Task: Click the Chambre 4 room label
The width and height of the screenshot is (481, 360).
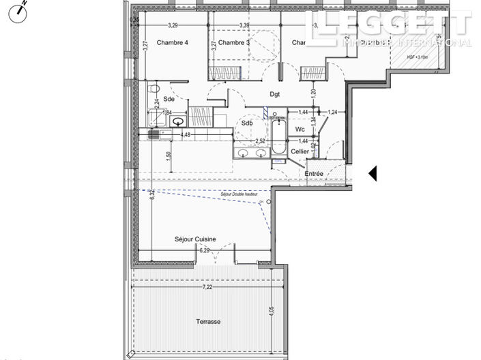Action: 172,43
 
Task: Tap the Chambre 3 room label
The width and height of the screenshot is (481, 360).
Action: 234,43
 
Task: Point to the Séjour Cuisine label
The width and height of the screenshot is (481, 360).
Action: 195,239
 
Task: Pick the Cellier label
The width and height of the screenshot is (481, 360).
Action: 300,151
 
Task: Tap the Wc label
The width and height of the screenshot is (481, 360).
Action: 300,129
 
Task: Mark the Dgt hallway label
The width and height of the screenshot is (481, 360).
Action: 275,95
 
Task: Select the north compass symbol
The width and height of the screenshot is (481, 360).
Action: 20,12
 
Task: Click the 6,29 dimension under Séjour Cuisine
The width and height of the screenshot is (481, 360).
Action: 204,251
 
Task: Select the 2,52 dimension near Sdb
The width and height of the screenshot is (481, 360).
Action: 260,141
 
